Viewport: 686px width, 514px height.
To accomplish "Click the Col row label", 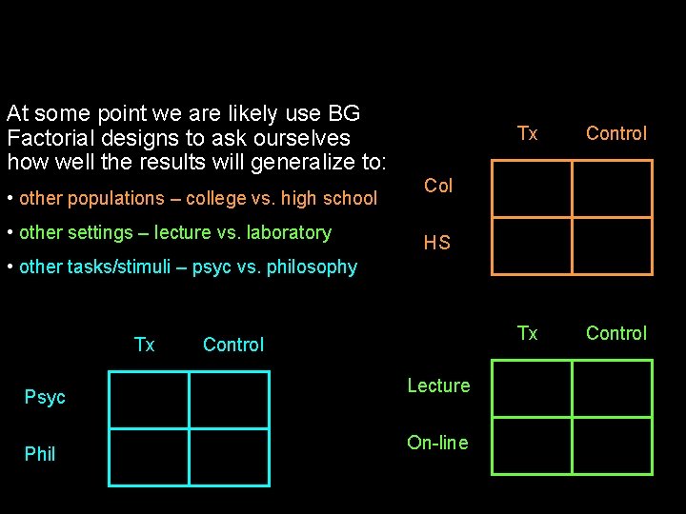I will click(x=438, y=186).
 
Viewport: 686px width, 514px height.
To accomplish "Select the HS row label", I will click(x=436, y=243).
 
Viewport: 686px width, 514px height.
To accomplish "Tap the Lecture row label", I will click(x=438, y=385).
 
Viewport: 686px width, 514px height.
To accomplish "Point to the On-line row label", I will click(x=437, y=443).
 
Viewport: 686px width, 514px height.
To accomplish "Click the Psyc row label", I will click(x=45, y=397).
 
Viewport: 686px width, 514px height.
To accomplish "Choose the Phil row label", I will click(x=40, y=454).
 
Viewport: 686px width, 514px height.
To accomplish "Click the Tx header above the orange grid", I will click(x=527, y=133).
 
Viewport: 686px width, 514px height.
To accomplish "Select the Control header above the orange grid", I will click(x=615, y=133).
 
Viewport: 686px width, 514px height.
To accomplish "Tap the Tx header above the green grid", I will click(x=527, y=333).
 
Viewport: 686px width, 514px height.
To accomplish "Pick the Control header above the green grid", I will click(x=615, y=333).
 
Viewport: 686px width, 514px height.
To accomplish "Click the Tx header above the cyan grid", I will click(x=144, y=345).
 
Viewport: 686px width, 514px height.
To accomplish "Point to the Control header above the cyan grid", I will click(x=233, y=345).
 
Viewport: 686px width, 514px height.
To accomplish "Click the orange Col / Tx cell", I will click(x=532, y=188).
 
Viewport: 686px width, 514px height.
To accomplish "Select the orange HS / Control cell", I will click(x=613, y=247).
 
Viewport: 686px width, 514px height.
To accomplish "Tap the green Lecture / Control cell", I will click(x=613, y=388).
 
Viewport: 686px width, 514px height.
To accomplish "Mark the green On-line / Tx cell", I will click(x=532, y=446).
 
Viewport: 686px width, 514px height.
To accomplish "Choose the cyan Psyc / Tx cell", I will click(x=149, y=400).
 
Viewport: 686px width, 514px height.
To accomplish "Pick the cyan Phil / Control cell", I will click(x=230, y=457).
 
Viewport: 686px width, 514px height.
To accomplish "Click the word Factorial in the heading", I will click(x=47, y=138).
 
